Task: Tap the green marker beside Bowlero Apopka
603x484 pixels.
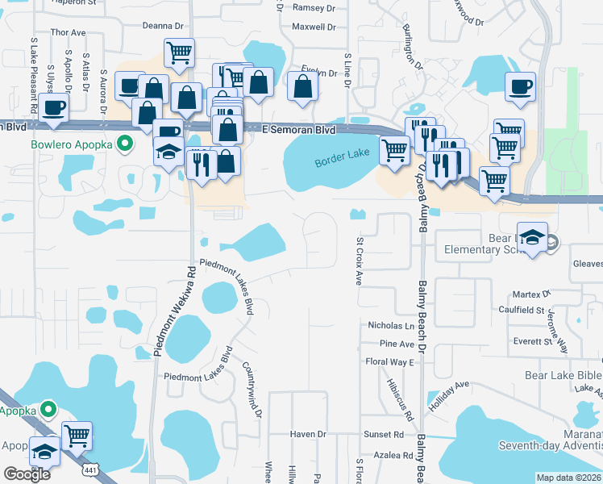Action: pyautogui.click(x=124, y=145)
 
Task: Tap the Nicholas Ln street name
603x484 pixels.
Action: pyautogui.click(x=390, y=326)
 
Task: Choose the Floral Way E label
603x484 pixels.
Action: pyautogui.click(x=389, y=362)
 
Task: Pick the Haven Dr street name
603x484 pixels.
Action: pyautogui.click(x=308, y=434)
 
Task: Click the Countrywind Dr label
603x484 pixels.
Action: pyautogui.click(x=252, y=389)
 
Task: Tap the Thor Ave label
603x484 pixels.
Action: pyautogui.click(x=68, y=32)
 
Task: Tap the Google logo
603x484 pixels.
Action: pyautogui.click(x=27, y=474)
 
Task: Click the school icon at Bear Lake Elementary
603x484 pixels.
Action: pyautogui.click(x=532, y=238)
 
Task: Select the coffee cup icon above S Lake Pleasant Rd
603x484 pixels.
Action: pyautogui.click(x=54, y=108)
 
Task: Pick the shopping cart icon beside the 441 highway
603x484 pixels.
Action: pyautogui.click(x=77, y=436)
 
